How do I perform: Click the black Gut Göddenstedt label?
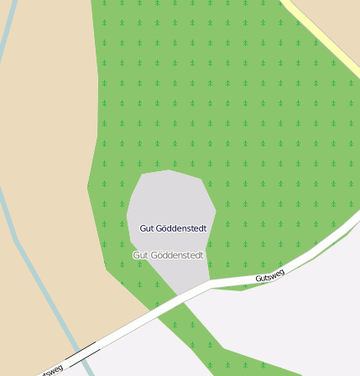(173, 228)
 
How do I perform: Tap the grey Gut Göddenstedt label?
(168, 255)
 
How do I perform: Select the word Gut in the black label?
(146, 228)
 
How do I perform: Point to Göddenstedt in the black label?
(181, 228)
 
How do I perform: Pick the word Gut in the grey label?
(140, 255)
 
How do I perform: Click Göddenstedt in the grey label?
(176, 255)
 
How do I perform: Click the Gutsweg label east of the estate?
(270, 274)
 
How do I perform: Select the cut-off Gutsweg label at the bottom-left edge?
(50, 370)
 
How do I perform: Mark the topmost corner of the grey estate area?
(169, 171)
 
